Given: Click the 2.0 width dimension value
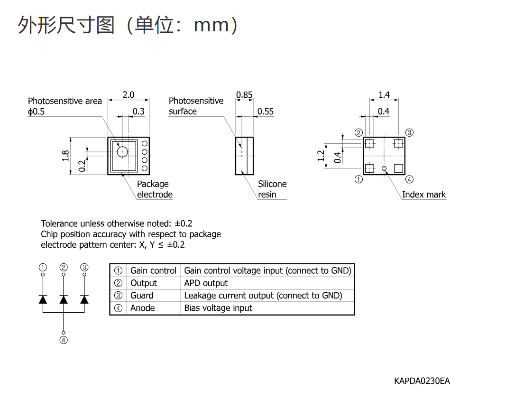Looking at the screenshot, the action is tap(129, 94).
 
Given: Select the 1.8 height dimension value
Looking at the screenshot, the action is tap(66, 156).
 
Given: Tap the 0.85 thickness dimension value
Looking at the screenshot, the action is tap(244, 94).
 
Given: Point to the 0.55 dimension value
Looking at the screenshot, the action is tap(266, 112).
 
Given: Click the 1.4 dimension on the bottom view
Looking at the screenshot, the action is tap(384, 94).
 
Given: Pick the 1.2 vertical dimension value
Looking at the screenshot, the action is tap(321, 156).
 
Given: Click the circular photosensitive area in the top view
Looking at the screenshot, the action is tap(122, 152).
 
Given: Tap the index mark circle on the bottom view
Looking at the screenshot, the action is tap(384, 168).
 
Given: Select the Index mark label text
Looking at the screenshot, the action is tap(423, 195).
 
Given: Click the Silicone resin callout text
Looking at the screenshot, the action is tap(272, 189).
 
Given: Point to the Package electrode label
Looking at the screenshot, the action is tap(155, 189).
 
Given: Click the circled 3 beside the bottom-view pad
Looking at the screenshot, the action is tap(409, 132).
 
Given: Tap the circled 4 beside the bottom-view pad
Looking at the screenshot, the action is tap(409, 179).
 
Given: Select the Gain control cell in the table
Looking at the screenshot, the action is tap(153, 270).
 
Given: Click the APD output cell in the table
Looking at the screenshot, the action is tap(206, 283).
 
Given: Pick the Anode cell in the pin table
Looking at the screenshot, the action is tap(143, 308).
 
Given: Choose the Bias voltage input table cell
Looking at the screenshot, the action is tap(218, 308).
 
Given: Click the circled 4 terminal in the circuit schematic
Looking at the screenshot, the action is tap(64, 340).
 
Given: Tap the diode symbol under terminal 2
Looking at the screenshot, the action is tap(64, 299).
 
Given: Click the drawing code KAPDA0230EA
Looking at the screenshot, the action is tap(422, 381).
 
